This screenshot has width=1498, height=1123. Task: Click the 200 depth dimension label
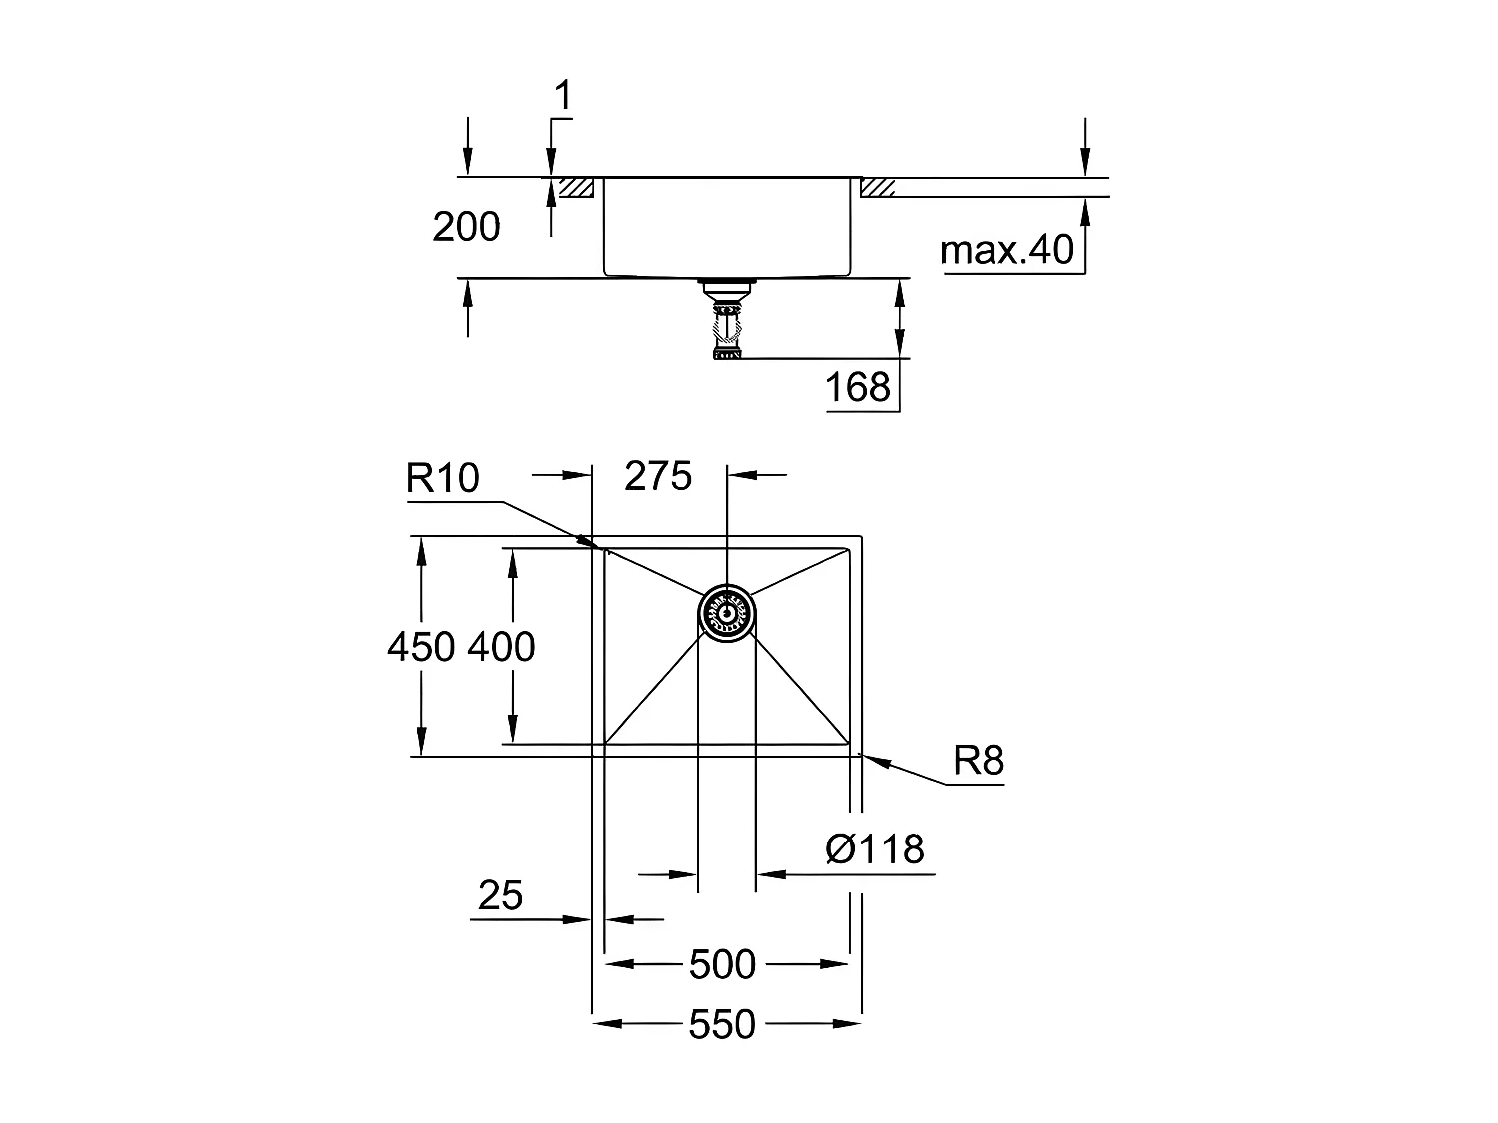pyautogui.click(x=466, y=228)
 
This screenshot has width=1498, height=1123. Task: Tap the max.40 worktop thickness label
pyautogui.click(x=1007, y=250)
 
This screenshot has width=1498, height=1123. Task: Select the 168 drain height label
pyautogui.click(x=858, y=387)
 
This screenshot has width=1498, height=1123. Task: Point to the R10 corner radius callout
pyautogui.click(x=442, y=480)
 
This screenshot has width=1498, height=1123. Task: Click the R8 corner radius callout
pyautogui.click(x=978, y=762)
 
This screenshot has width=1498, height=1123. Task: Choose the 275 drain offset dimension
pyautogui.click(x=658, y=477)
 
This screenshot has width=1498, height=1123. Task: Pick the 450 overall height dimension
pyautogui.click(x=422, y=648)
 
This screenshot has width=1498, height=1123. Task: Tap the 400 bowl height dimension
pyautogui.click(x=501, y=648)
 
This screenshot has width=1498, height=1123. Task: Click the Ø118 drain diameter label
pyautogui.click(x=875, y=849)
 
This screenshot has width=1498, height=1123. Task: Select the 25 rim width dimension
pyautogui.click(x=500, y=896)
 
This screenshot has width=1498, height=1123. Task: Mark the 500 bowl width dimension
pyautogui.click(x=722, y=965)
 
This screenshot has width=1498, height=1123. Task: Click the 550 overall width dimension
pyautogui.click(x=722, y=1025)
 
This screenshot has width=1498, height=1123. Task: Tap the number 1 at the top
pyautogui.click(x=563, y=97)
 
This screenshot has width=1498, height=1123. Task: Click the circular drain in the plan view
pyautogui.click(x=726, y=611)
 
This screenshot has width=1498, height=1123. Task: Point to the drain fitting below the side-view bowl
pyautogui.click(x=726, y=317)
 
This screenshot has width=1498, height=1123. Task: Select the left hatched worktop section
pyautogui.click(x=576, y=188)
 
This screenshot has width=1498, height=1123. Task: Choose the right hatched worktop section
pyautogui.click(x=879, y=188)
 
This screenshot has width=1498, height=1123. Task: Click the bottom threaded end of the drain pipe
pyautogui.click(x=726, y=352)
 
